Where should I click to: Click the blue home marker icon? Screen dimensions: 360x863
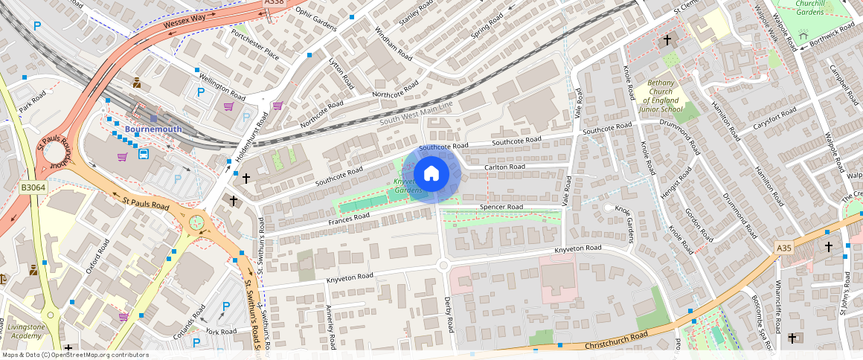pos(431,174)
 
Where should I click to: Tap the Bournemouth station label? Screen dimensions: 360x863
pos(153,129)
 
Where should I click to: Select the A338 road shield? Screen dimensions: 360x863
pos(275,4)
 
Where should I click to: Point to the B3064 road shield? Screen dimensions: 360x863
pos(33,188)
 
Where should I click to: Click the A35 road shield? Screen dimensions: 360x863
pos(783,248)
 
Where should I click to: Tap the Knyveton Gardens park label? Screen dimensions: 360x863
pos(408,186)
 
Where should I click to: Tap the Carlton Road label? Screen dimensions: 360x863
pos(504,167)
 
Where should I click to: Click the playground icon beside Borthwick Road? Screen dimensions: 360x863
pos(803,35)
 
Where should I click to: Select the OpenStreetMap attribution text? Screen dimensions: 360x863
pos(75,355)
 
